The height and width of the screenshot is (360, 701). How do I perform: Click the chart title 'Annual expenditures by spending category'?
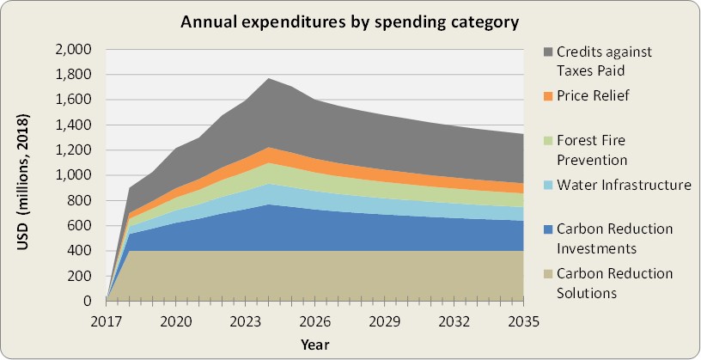350,21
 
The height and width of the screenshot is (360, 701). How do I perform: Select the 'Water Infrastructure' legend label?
624,185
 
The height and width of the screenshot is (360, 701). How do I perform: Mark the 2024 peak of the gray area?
268,79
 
